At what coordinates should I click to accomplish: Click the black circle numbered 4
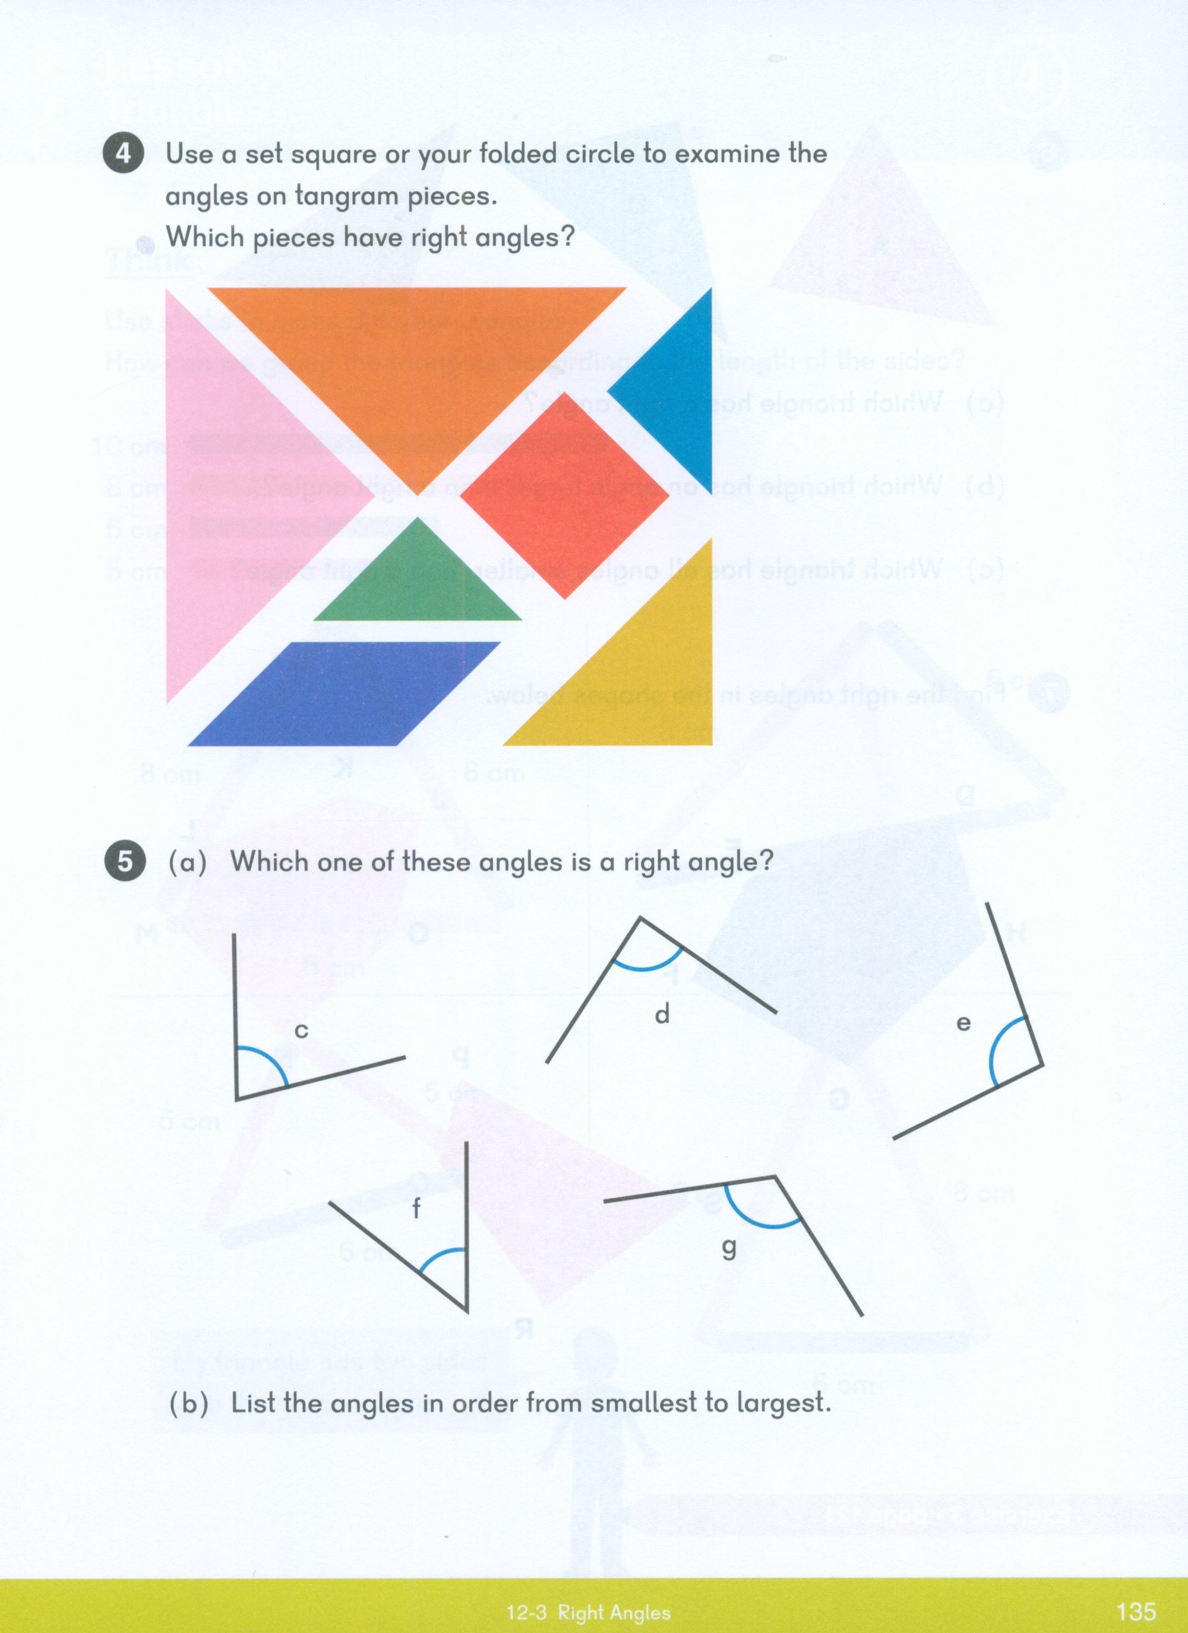(x=124, y=155)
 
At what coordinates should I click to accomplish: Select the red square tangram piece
(x=564, y=496)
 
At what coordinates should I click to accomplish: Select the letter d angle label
(x=662, y=1015)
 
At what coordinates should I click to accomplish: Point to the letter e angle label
(x=963, y=1023)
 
